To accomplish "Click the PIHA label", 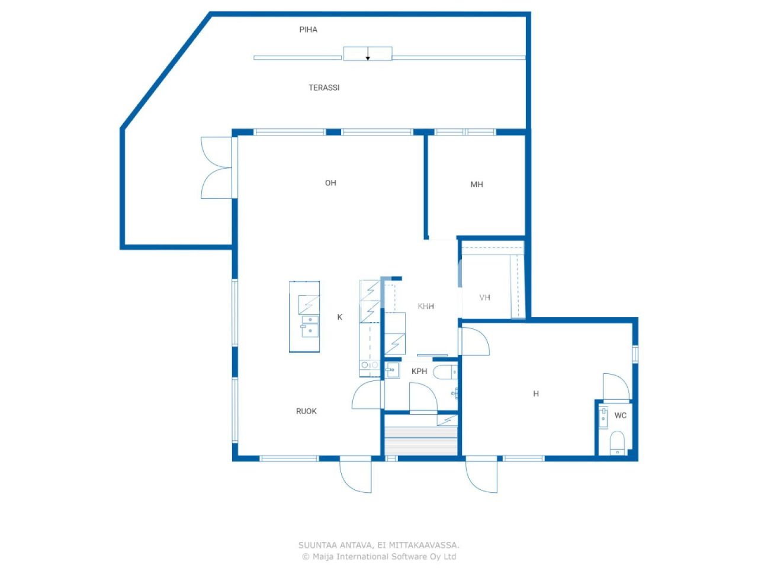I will pyautogui.click(x=308, y=30).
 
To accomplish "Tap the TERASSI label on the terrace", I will pyautogui.click(x=324, y=88).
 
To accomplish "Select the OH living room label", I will pyautogui.click(x=330, y=183).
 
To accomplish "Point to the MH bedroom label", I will pyautogui.click(x=477, y=185).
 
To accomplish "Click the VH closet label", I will pyautogui.click(x=484, y=298).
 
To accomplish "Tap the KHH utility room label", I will pyautogui.click(x=426, y=306).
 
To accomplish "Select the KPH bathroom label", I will pyautogui.click(x=419, y=372).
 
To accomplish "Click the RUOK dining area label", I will pyautogui.click(x=306, y=411).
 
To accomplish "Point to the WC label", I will pyautogui.click(x=620, y=415).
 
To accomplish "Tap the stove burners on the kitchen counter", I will pyautogui.click(x=370, y=366).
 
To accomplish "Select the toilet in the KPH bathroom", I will pyautogui.click(x=445, y=372).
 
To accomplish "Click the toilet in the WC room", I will pyautogui.click(x=617, y=442).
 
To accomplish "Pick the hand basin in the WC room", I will pyautogui.click(x=603, y=417).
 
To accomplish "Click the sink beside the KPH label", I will pyautogui.click(x=392, y=371).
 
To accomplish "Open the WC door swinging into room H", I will pyautogui.click(x=616, y=387).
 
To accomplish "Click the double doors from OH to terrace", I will pyautogui.click(x=217, y=168).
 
